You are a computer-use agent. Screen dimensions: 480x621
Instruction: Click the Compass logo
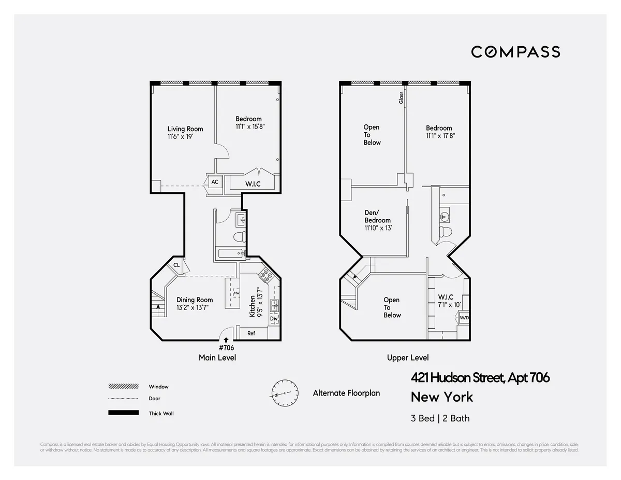coord(515,52)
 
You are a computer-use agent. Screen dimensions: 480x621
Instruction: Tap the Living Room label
coord(185,129)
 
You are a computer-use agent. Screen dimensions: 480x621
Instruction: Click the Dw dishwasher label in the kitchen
coord(274,319)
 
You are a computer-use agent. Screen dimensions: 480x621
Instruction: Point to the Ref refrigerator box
coord(251,333)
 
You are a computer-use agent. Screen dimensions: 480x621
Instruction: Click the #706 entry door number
coord(226,348)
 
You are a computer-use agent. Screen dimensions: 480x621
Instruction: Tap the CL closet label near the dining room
coord(176,265)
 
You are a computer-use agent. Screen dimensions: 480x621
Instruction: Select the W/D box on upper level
coord(464,318)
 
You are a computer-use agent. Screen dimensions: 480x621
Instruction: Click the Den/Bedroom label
coord(377,216)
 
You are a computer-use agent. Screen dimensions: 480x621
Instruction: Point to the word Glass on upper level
coord(401,97)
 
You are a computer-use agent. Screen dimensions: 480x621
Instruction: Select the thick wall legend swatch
coord(123,413)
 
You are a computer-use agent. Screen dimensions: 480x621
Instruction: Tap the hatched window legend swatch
coord(123,387)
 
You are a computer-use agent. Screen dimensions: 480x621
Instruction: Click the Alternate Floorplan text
coord(346,393)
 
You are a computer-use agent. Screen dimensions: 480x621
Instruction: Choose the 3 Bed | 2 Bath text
coord(440,418)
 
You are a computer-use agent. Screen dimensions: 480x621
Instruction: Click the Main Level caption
coord(217,358)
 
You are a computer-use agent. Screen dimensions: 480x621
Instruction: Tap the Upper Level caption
coord(408,358)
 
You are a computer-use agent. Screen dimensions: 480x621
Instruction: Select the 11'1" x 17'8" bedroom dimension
coord(440,136)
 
